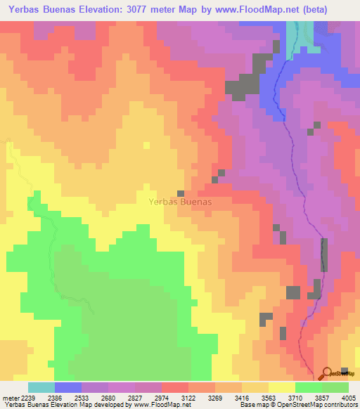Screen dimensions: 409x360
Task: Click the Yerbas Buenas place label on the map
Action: pos(181,201)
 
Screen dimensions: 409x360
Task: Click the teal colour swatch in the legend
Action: pos(41,387)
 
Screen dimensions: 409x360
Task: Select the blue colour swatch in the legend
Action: pos(67,387)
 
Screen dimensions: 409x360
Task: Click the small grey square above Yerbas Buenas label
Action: pos(181,193)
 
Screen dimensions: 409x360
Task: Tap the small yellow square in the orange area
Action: pos(146,145)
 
